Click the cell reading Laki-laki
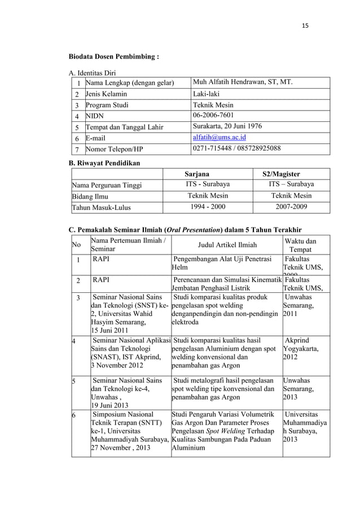(x=208, y=94)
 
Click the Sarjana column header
(x=201, y=174)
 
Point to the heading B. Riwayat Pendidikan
(x=104, y=163)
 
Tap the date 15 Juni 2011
(x=113, y=330)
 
